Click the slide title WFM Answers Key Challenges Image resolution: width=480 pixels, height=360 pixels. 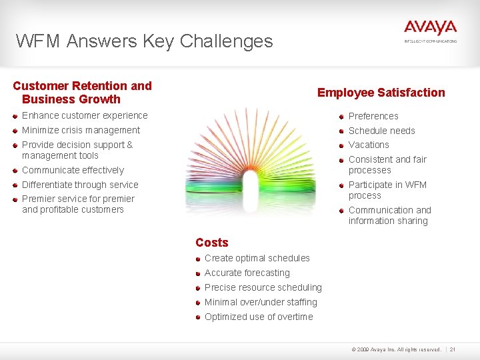pos(145,41)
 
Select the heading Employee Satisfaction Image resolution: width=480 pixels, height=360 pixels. pos(381,93)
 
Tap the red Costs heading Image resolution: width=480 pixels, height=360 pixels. pos(212,243)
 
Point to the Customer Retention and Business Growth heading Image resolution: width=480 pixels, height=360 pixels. pos(82,93)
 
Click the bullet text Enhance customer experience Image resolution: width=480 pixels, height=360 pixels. pos(85,115)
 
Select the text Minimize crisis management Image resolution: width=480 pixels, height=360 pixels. pos(81,130)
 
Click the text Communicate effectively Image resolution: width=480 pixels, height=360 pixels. pos(73,170)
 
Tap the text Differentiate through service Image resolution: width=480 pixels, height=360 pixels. pos(80,185)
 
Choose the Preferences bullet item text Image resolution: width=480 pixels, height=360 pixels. pos(373,116)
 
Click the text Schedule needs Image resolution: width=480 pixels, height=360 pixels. pos(381,131)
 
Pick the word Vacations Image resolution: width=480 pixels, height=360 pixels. pos(369,145)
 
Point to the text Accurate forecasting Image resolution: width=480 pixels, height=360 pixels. pos(247,273)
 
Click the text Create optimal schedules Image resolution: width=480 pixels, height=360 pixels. pos(257,258)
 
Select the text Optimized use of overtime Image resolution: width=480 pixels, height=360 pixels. pos(259,317)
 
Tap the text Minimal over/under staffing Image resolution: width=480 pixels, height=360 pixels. pos(261,302)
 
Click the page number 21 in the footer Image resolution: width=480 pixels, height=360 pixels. pos(453,349)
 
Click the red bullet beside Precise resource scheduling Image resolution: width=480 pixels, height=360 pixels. pos(198,287)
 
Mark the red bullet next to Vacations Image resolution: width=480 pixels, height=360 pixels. pos(341,145)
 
